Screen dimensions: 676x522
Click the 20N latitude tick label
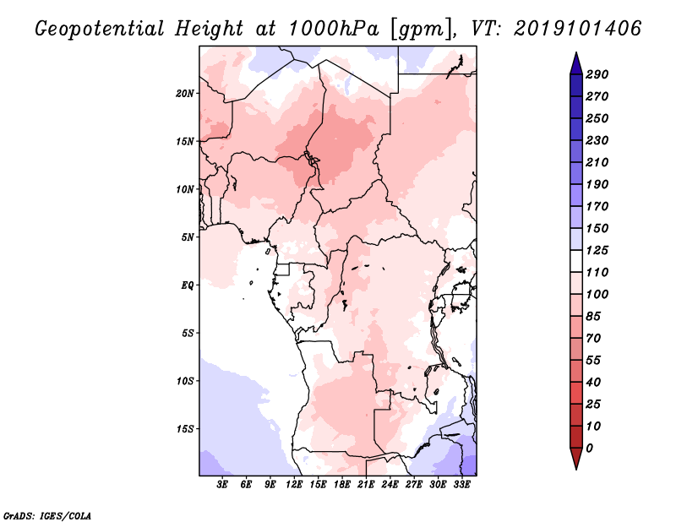185,93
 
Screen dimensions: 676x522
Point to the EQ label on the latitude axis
187,285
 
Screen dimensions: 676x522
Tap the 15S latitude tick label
185,429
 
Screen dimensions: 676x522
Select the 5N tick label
188,237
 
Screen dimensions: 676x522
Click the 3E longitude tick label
222,485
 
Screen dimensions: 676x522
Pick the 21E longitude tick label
366,485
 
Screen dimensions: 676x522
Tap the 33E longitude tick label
461,485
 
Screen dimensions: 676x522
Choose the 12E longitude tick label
293,485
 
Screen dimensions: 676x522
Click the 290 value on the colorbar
597,74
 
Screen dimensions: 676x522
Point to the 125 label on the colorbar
597,250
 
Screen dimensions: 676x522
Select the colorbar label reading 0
589,449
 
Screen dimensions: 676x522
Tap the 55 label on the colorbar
593,361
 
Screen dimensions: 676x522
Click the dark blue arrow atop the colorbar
576,64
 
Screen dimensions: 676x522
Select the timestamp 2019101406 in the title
578,29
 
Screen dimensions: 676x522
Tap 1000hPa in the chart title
334,29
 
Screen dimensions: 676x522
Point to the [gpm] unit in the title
423,30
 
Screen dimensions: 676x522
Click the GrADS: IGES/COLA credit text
47,515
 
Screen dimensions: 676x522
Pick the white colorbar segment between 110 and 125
576,261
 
